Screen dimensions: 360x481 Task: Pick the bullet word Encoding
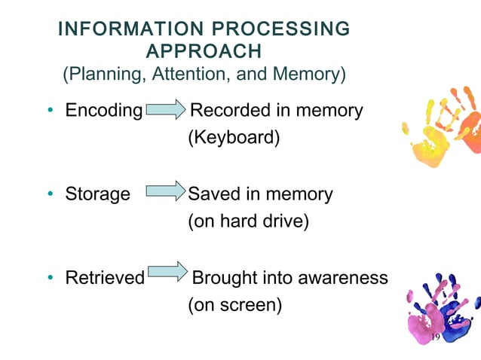[x=103, y=111]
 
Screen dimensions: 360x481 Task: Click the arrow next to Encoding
[x=165, y=111]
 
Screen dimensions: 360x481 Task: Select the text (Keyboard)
[x=227, y=139]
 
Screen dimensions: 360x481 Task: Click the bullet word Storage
[x=97, y=194]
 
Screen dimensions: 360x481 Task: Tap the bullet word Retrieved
[x=105, y=278]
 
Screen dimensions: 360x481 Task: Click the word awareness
[x=343, y=278]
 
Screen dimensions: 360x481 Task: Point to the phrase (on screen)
[x=234, y=306]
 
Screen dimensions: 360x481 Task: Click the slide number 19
[x=434, y=337]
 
